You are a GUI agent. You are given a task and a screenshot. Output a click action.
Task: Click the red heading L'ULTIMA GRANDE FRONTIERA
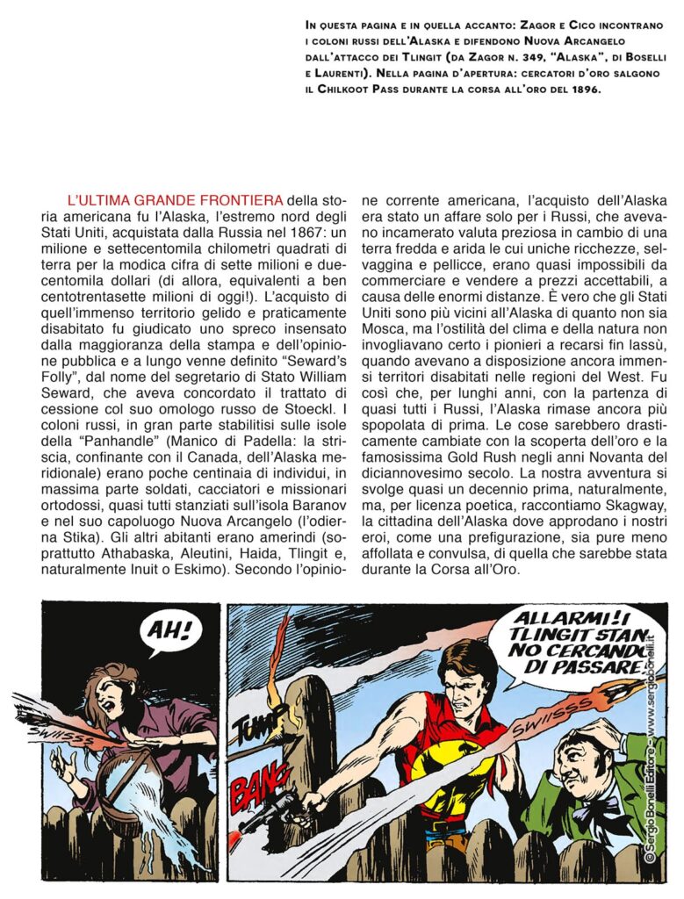tap(174, 201)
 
